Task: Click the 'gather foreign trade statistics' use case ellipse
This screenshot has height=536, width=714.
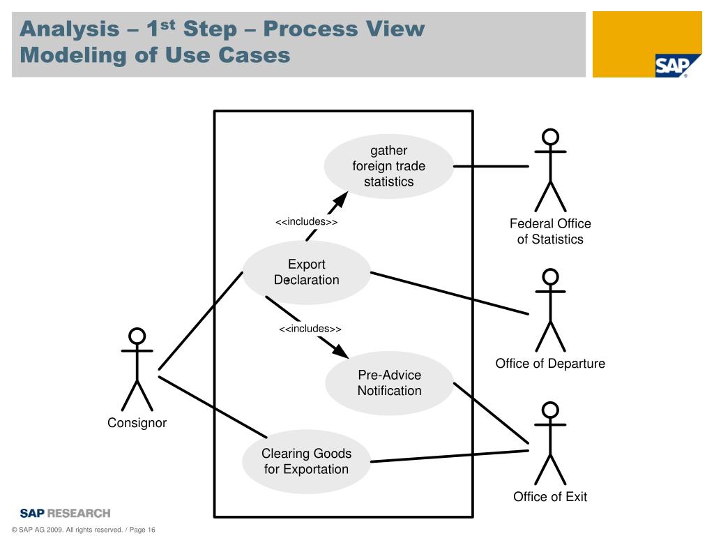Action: (x=388, y=167)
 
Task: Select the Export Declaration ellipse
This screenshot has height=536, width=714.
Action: (x=306, y=272)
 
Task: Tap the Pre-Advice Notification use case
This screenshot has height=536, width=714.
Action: (x=389, y=383)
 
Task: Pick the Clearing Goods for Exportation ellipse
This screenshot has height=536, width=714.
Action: (x=306, y=461)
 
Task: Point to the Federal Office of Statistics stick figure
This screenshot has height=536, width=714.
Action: (x=550, y=170)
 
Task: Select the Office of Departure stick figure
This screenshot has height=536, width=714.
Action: (x=550, y=310)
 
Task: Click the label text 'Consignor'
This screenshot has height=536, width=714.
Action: (x=137, y=423)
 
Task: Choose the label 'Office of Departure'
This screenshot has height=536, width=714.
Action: (x=550, y=364)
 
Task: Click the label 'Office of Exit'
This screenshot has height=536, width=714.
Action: (x=550, y=497)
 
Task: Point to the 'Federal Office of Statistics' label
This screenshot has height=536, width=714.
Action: (x=550, y=232)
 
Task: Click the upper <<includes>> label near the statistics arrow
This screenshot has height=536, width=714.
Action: (x=306, y=222)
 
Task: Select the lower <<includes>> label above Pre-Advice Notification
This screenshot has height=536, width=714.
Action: (x=310, y=329)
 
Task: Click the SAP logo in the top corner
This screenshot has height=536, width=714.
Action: (x=671, y=66)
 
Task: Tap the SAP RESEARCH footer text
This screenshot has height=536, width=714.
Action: (x=65, y=513)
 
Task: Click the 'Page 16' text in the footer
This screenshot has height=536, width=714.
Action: (x=142, y=530)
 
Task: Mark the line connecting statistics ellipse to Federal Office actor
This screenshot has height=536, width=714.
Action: (x=491, y=167)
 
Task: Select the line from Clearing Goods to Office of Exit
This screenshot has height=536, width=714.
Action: (x=449, y=456)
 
